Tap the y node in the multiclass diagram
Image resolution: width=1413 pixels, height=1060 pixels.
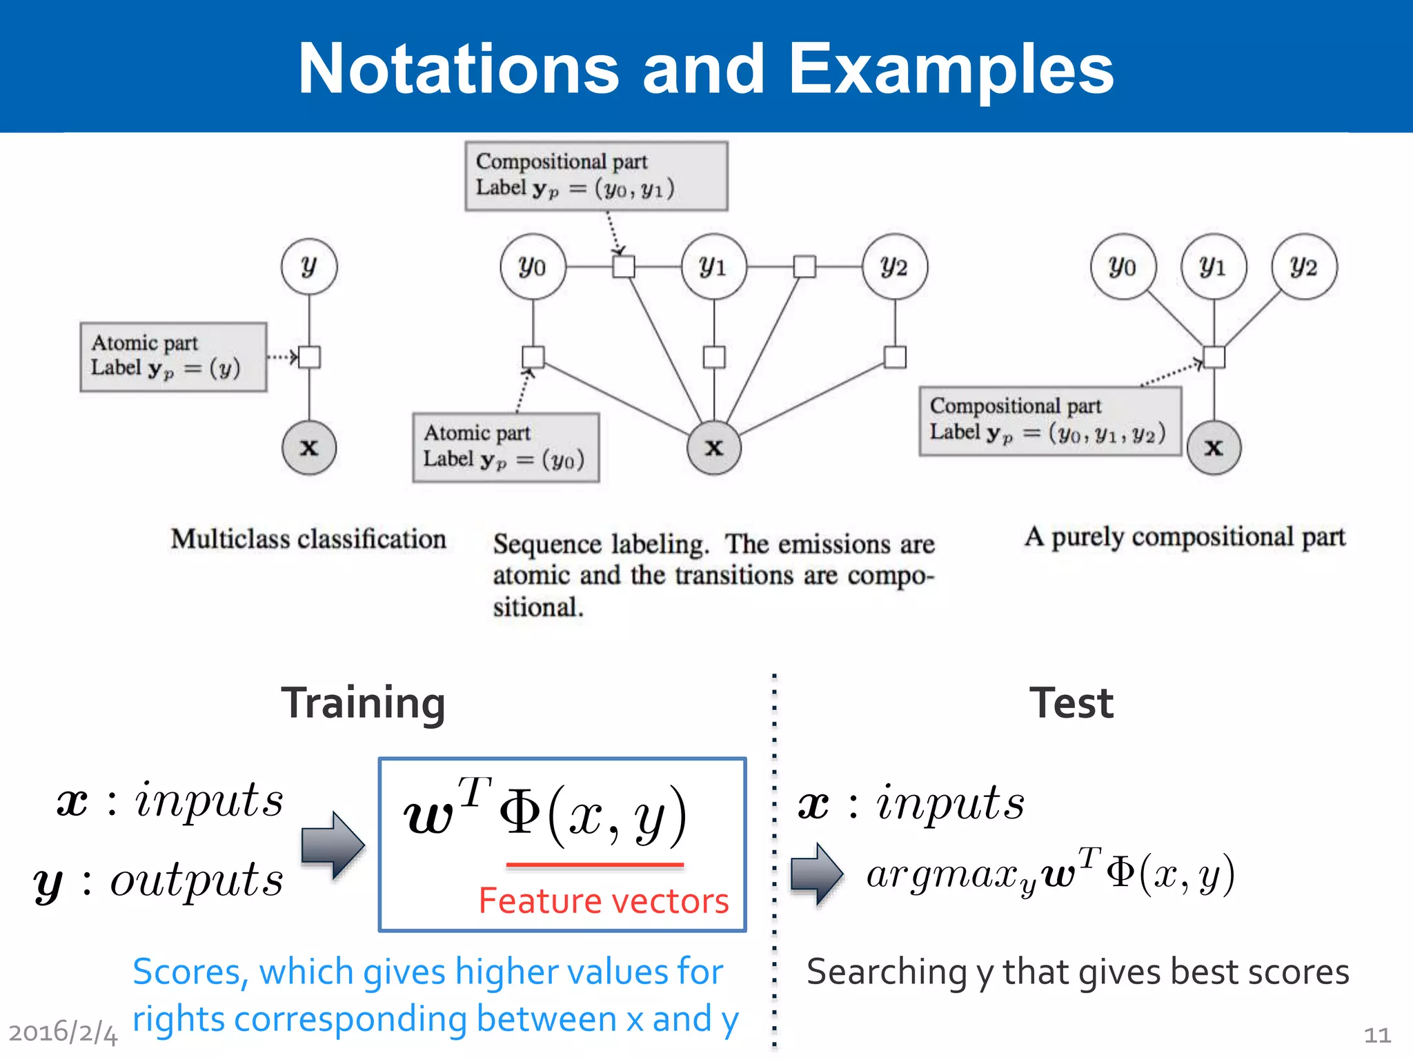pos(309,266)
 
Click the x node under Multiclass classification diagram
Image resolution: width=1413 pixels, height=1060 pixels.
pos(309,447)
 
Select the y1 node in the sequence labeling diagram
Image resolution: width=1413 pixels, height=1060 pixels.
pos(713,266)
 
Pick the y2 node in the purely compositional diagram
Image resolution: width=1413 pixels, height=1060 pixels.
pos(1304,266)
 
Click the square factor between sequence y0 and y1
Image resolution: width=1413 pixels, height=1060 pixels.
pos(624,266)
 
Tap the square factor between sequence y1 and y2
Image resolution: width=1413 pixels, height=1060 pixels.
pos(804,266)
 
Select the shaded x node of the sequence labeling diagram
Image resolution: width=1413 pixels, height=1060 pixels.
pos(714,447)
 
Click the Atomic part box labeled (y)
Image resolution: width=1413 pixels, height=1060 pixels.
pos(173,357)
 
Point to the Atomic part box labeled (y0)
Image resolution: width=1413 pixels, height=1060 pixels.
pos(506,447)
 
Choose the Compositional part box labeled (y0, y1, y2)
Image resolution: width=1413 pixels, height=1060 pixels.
pos(1049,421)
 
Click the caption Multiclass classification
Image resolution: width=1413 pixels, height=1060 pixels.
pos(308,539)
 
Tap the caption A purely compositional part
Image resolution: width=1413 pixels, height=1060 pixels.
pos(1185,537)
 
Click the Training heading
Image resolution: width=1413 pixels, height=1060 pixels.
pos(363,703)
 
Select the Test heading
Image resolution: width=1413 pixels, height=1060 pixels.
pos(1071,703)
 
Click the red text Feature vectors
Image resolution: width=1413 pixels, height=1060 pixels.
pos(604,901)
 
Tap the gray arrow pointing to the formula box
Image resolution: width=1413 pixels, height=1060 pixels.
pos(333,845)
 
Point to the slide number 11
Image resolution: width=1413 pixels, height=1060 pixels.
pos(1377,1034)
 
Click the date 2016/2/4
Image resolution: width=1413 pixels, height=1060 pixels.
pos(63,1032)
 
